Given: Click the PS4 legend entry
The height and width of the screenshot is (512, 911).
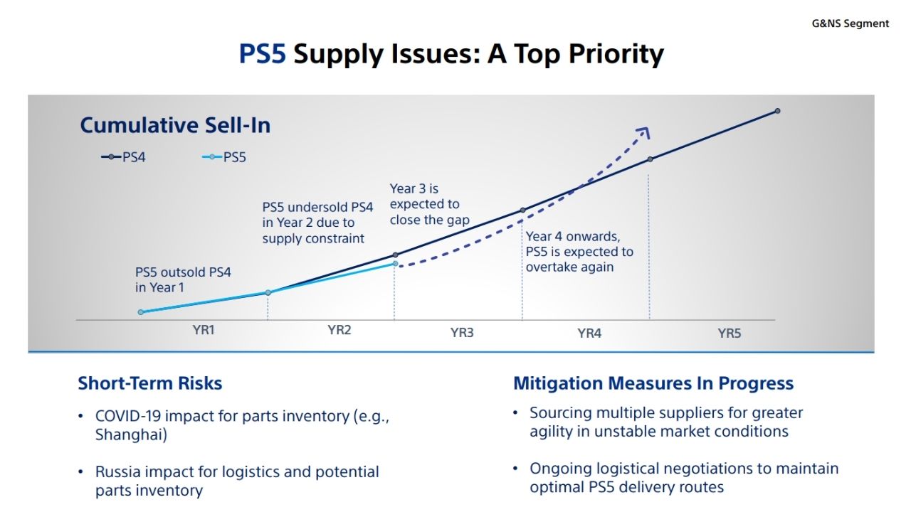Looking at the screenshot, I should (124, 157).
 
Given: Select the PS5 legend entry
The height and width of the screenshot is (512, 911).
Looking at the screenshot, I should (225, 157).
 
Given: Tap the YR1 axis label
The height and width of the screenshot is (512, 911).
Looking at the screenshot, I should (204, 330).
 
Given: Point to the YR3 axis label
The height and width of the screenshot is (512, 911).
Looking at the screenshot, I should (462, 332).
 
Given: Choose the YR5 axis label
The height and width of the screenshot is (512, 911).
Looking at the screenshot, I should (730, 333).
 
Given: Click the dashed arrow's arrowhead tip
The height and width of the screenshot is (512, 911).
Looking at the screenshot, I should (648, 129).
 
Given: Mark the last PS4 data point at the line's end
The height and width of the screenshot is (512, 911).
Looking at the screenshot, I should (777, 111).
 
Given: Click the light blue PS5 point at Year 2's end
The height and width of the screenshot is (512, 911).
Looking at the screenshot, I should (395, 264).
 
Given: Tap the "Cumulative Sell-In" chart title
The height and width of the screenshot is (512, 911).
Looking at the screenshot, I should (175, 125).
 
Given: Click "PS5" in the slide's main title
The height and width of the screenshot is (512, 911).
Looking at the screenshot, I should (263, 54).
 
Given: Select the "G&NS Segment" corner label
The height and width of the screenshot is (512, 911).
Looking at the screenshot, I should (851, 23).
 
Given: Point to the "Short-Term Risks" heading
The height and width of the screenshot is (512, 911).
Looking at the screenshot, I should (150, 383).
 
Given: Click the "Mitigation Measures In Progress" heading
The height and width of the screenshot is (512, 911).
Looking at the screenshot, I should (653, 383).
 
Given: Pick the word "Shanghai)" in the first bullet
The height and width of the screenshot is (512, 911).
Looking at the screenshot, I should (131, 435).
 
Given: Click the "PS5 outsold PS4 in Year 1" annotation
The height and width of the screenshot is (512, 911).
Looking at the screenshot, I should (183, 279).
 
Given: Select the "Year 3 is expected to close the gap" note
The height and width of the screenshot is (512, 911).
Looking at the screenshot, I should (429, 204).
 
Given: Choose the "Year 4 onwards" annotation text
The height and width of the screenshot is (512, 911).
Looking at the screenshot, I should (579, 252).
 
